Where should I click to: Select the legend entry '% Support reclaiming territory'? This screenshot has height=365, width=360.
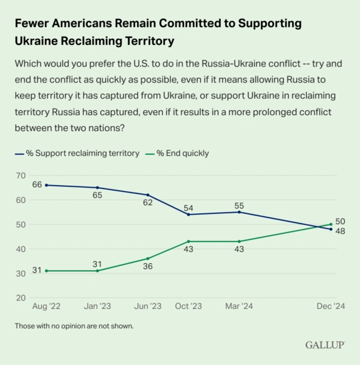pyautogui.click(x=82, y=153)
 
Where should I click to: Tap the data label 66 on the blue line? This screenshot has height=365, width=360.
pyautogui.click(x=37, y=185)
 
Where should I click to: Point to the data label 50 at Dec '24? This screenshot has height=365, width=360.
pyautogui.click(x=340, y=222)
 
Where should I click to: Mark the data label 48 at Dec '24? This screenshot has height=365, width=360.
pyautogui.click(x=340, y=233)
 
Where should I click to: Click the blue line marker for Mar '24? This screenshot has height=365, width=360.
pyautogui.click(x=239, y=212)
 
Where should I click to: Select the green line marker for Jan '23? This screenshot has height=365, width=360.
pyautogui.click(x=98, y=271)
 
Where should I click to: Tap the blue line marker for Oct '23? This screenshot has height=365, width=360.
pyautogui.click(x=188, y=215)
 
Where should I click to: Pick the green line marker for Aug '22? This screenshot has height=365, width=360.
pyautogui.click(x=46, y=271)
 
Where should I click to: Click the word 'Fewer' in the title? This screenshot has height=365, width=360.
pyautogui.click(x=33, y=23)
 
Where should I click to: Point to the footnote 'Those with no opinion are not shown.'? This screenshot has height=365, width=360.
pyautogui.click(x=74, y=326)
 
